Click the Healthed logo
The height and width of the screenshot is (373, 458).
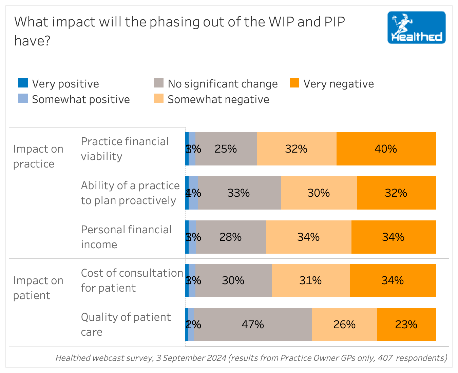[416, 27]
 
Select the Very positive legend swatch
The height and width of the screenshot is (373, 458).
[23, 83]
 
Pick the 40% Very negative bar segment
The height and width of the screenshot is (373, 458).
[386, 149]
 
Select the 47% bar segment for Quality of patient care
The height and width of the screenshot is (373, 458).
[253, 325]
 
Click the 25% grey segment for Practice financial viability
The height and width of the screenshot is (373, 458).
[226, 149]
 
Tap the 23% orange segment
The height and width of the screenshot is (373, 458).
[406, 325]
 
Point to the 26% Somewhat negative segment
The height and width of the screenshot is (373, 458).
[344, 325]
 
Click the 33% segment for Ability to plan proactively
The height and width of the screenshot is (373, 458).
[239, 193]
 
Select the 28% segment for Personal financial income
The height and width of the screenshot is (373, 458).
[231, 237]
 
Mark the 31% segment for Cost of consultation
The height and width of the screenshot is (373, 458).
[311, 280]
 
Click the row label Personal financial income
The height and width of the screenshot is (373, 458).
[126, 237]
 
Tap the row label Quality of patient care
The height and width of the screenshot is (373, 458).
[126, 325]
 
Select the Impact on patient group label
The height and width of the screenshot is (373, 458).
[38, 288]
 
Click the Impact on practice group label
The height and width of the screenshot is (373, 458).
[38, 156]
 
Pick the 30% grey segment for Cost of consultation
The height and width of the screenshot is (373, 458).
[233, 280]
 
